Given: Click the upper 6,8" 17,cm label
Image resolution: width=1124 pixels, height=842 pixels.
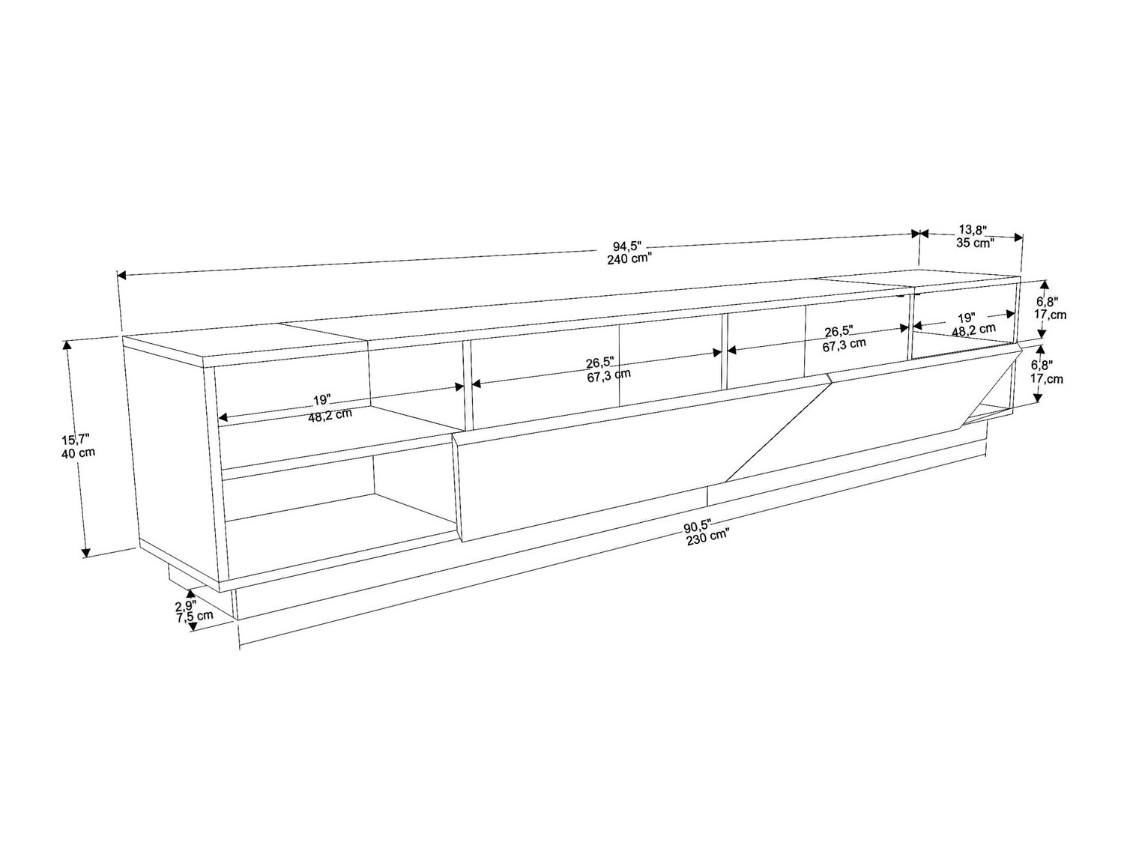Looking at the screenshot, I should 1049,308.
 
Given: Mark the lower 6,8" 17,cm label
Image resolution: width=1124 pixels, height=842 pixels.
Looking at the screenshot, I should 1048,372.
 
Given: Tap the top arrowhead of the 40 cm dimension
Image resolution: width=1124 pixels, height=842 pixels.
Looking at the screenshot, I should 68,345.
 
